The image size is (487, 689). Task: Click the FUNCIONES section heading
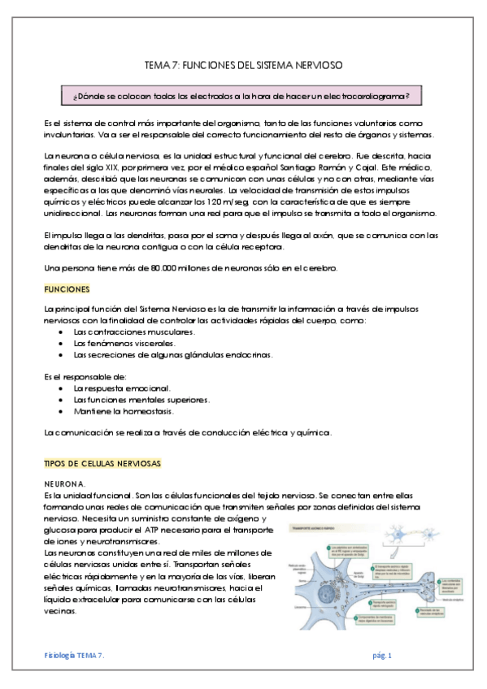[x=67, y=289]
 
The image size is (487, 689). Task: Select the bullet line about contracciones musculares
[x=134, y=332]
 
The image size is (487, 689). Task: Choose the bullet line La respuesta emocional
[x=121, y=388]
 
